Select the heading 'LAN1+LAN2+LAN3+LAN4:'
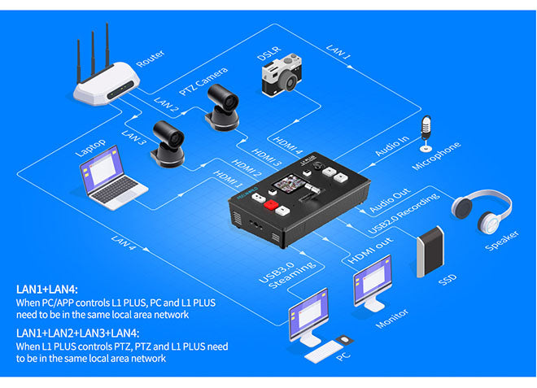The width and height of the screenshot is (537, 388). point(77,333)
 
